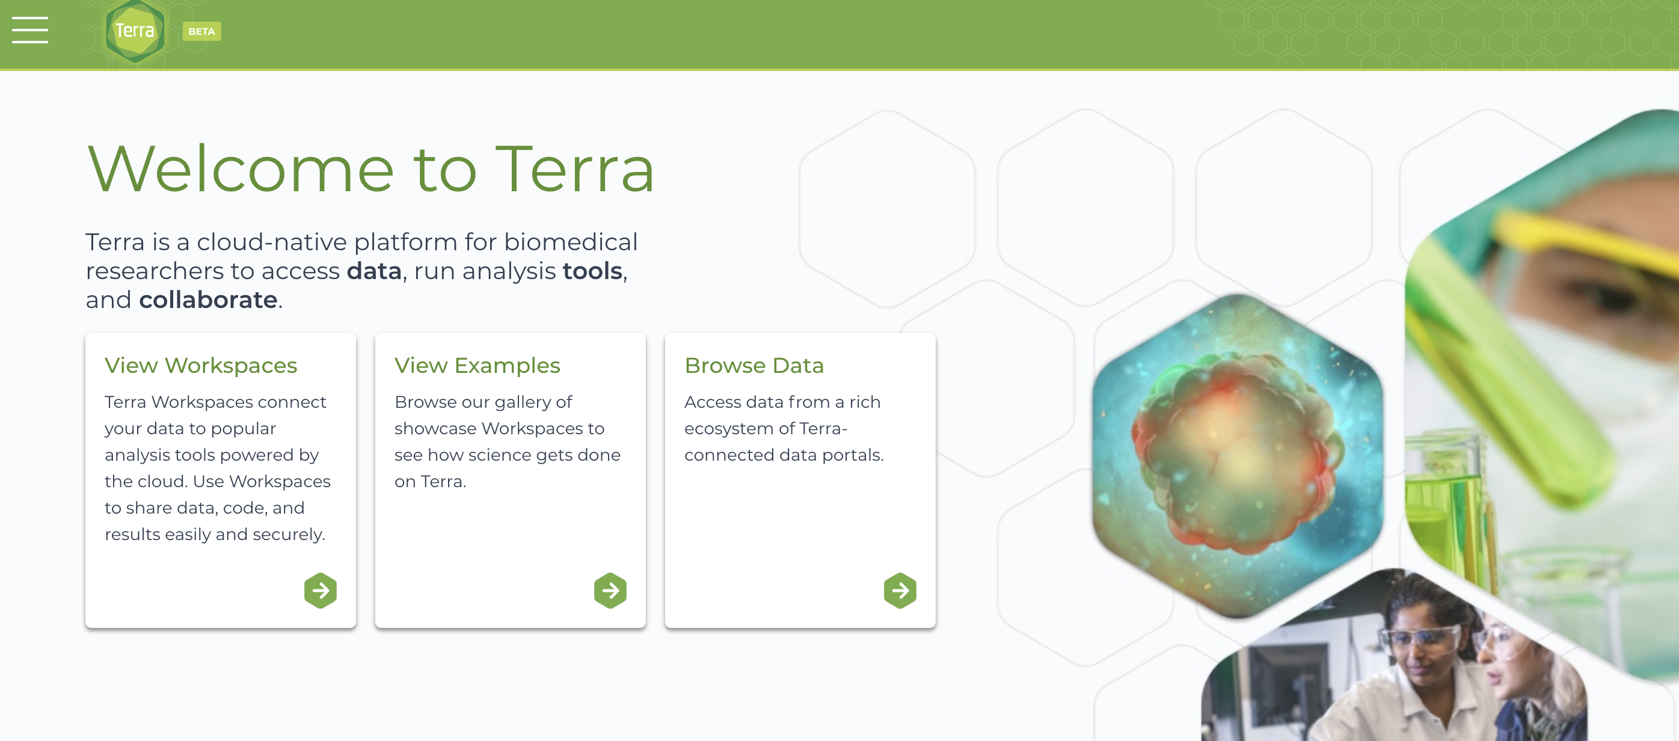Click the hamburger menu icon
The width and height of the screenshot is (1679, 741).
[30, 30]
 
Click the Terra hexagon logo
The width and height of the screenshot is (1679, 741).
[135, 31]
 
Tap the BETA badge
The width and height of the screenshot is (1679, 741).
[201, 31]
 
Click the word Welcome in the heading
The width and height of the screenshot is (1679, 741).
[241, 170]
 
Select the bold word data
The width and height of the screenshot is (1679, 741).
[373, 271]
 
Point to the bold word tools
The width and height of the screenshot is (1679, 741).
[592, 271]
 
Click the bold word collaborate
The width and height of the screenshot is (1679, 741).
[208, 300]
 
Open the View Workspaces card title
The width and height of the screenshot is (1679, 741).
[201, 366]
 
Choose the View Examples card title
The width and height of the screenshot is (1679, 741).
[477, 366]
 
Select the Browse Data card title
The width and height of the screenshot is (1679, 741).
[754, 366]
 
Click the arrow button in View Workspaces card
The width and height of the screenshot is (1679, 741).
[321, 591]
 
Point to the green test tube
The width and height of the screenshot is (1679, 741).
[1512, 365]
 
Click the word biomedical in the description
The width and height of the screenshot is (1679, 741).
[570, 242]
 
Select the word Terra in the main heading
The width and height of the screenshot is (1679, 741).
[575, 170]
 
